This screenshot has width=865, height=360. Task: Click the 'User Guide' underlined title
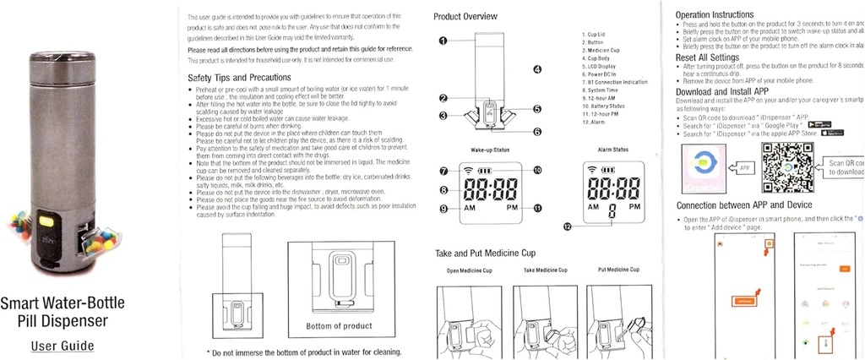[63, 346]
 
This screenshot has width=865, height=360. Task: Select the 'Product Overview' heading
[465, 17]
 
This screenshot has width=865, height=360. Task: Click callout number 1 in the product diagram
[443, 41]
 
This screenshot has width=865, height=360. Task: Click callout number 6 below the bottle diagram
[536, 132]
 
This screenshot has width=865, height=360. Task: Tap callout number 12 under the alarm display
[569, 226]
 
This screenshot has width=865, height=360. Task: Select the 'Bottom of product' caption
[339, 326]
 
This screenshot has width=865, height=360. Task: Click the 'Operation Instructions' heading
[715, 14]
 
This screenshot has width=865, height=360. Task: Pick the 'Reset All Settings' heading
[709, 57]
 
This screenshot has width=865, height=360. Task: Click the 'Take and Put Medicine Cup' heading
[485, 253]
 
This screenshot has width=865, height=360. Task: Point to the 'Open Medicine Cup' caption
[469, 270]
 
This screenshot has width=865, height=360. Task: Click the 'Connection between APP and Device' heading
[744, 205]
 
